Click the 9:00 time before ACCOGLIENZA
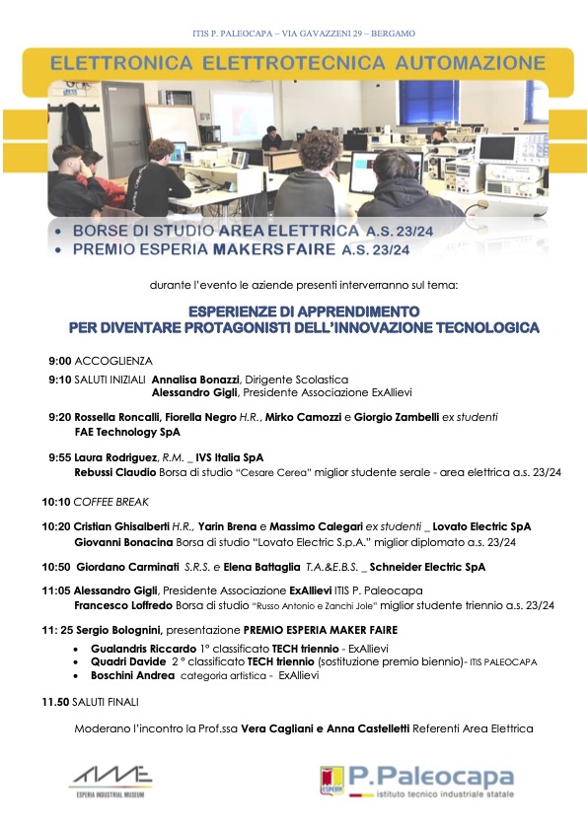59,361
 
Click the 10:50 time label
57,568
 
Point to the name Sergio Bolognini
117,628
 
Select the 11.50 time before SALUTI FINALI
56,703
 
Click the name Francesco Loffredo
120,605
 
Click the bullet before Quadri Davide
78,663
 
